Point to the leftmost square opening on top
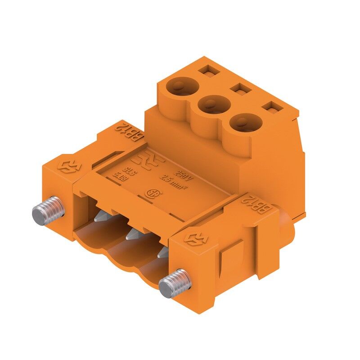(207, 70)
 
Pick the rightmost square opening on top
(271, 108)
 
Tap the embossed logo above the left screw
(67, 164)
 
